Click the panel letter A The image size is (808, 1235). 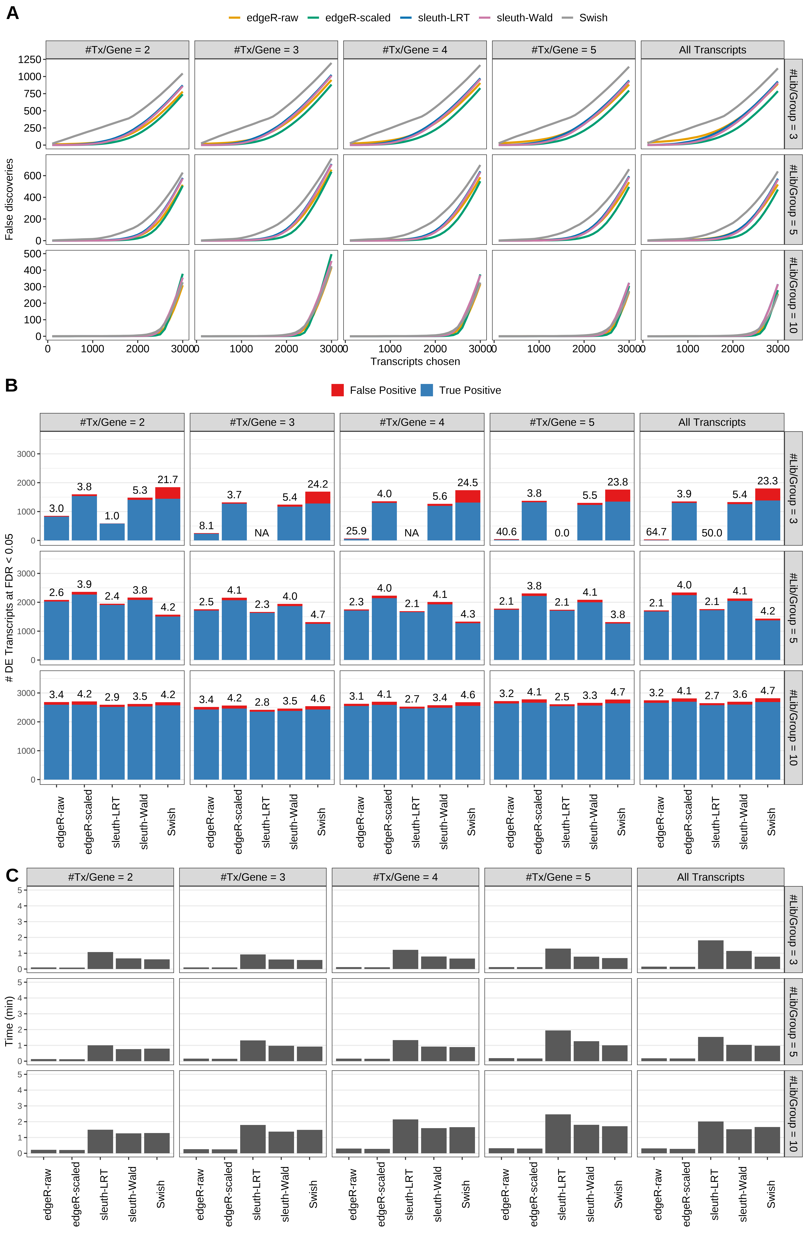(x=13, y=13)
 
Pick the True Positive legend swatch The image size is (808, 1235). (x=427, y=390)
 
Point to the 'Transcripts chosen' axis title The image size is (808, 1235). (x=415, y=362)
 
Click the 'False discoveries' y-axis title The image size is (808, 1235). (x=9, y=199)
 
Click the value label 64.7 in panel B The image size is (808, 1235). (x=656, y=532)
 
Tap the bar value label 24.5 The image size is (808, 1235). (x=467, y=483)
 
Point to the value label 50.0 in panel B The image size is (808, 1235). (x=711, y=533)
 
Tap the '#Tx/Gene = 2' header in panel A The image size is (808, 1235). (x=117, y=50)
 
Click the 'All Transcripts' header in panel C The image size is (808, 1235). (x=710, y=877)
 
